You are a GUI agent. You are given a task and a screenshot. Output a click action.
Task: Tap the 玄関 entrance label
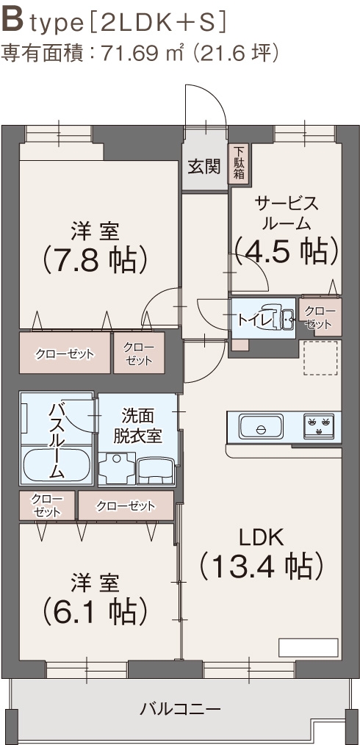(204, 166)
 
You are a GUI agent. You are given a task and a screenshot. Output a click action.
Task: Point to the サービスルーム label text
(286, 212)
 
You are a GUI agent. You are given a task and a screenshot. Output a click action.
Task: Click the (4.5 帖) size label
(286, 251)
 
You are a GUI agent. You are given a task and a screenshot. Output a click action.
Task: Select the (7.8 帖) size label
(96, 258)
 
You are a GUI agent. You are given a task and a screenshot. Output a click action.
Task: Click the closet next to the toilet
(319, 317)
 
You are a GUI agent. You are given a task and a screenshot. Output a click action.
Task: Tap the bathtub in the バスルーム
(56, 464)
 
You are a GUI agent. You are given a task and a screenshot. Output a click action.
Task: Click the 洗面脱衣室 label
(137, 425)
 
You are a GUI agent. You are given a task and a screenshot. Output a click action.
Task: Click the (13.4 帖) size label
(262, 566)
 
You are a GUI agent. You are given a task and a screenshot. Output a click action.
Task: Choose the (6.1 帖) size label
(96, 608)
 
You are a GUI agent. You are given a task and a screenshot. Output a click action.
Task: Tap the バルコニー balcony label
(180, 709)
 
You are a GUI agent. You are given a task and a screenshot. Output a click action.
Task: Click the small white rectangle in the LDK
(307, 647)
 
